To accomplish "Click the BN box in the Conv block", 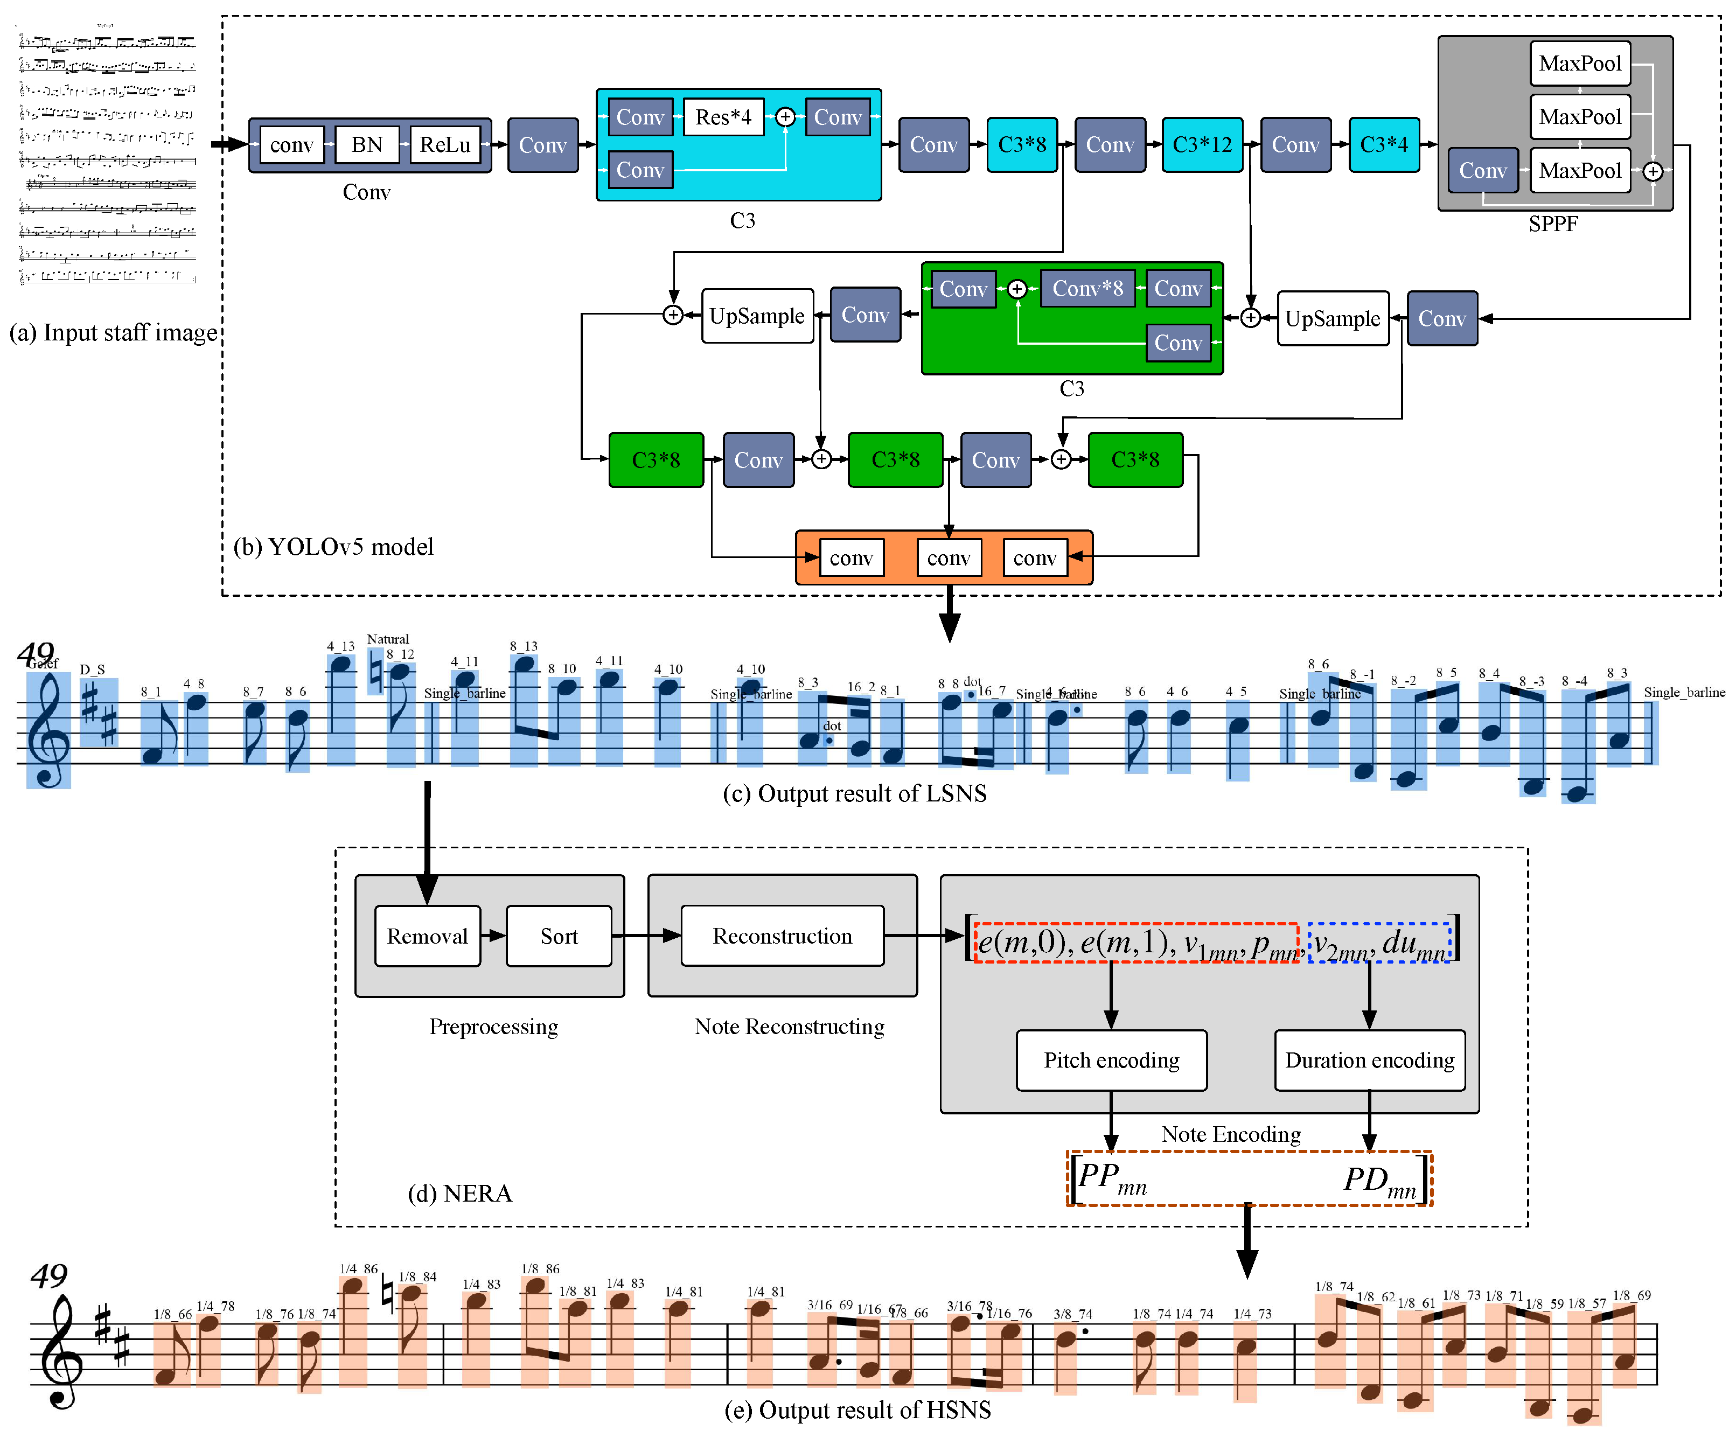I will pos(366,145).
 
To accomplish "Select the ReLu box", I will pos(445,145).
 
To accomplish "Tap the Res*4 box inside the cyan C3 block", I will pos(723,117).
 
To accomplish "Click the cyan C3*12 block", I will pos(1202,145).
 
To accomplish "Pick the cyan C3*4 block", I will pos(1384,145).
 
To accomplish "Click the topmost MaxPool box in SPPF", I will pos(1580,64).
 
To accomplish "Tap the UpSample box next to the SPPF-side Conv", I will pos(1333,318).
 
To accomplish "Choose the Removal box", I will pos(427,936).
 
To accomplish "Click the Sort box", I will pos(559,936).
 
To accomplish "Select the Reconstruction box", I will pos(782,936).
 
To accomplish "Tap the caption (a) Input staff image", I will pos(113,332).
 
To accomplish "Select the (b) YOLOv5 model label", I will pos(333,546).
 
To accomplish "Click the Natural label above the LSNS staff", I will pos(388,639).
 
